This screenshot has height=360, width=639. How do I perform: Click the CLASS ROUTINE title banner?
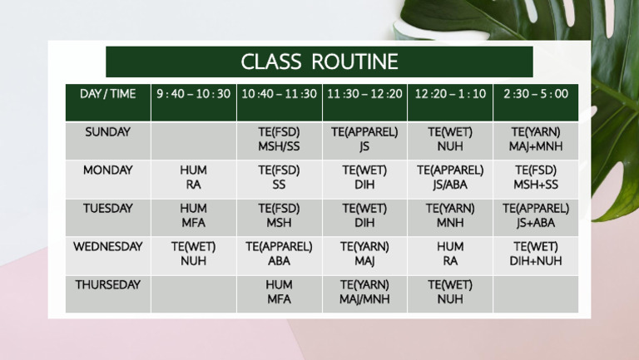(x=319, y=62)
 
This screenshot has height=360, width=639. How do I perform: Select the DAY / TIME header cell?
(x=108, y=102)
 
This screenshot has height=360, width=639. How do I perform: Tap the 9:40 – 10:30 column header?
(x=194, y=102)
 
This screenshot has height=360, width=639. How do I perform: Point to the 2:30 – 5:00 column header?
(x=536, y=102)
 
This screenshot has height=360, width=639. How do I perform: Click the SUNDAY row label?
(x=108, y=141)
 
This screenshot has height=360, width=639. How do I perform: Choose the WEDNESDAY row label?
(x=108, y=255)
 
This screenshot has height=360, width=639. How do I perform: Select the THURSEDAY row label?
(x=108, y=294)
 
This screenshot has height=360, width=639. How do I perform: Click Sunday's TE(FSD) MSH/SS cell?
(x=280, y=141)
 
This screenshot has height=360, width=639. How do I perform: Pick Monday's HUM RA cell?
(x=194, y=179)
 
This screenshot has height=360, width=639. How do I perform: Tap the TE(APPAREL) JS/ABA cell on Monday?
(x=450, y=179)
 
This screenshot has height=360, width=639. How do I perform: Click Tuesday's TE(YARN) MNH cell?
(x=450, y=218)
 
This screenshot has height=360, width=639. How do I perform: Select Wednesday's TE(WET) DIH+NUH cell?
(x=536, y=255)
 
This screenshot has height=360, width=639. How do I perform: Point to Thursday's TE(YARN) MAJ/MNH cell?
(x=364, y=294)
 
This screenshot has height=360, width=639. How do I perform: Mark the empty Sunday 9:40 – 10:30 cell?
(x=194, y=141)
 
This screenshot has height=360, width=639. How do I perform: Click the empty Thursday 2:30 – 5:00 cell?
(x=536, y=294)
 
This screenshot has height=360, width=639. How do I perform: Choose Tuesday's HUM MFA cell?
(x=194, y=218)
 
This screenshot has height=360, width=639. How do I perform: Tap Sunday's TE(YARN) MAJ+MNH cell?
(x=536, y=141)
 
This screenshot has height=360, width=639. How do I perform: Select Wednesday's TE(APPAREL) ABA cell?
(x=280, y=255)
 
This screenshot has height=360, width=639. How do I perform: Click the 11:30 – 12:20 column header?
(x=364, y=102)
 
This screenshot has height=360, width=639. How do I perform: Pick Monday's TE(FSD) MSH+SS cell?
(x=536, y=179)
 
